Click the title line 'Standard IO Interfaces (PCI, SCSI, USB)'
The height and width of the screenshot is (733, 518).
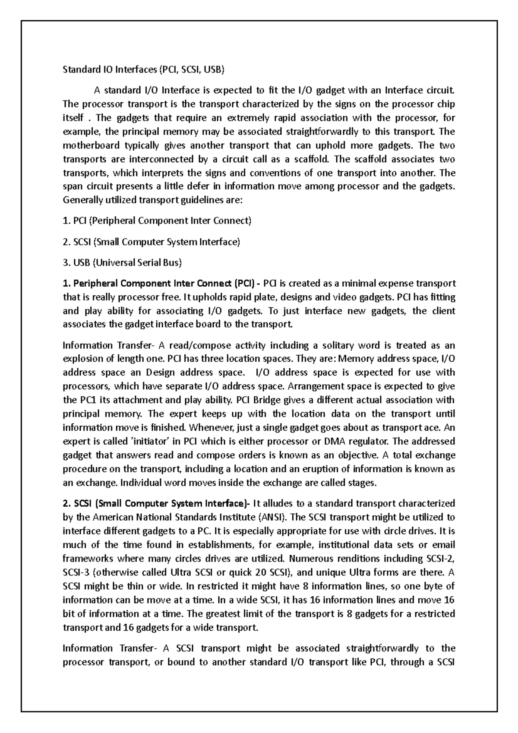[x=144, y=70]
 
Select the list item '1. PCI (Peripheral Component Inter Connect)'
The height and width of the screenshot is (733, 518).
[x=157, y=221]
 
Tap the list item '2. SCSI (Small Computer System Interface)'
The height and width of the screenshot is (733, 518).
[x=151, y=242]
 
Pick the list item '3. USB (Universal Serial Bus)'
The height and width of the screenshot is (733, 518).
[x=122, y=262]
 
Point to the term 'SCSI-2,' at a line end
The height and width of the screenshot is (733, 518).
[x=440, y=559]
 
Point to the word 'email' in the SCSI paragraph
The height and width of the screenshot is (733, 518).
[x=443, y=545]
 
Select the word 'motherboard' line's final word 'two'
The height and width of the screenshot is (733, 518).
[x=447, y=145]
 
